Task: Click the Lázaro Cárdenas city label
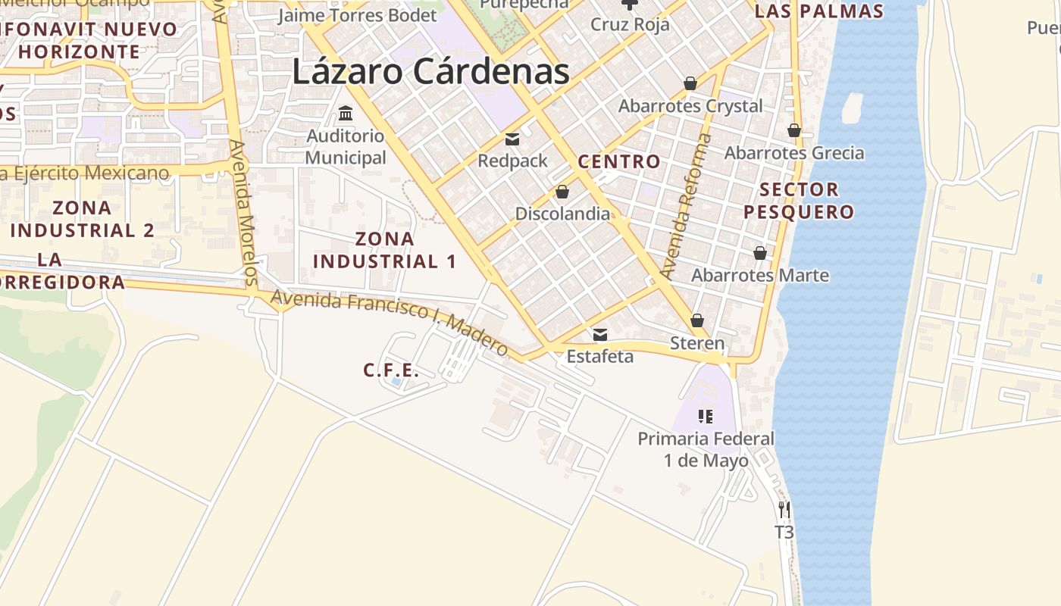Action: (x=430, y=73)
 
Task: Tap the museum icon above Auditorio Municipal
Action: (x=346, y=114)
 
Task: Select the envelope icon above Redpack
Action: (x=512, y=139)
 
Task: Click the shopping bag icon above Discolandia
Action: (x=562, y=191)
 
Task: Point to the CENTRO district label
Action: (x=618, y=161)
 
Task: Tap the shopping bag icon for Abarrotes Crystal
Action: (x=690, y=83)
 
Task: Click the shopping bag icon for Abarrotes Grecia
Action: (x=793, y=130)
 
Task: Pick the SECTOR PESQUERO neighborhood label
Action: (x=799, y=200)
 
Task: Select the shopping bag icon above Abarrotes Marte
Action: (x=759, y=253)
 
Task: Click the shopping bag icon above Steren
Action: (x=697, y=321)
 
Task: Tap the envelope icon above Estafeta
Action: (x=600, y=334)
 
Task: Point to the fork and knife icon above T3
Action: (x=784, y=510)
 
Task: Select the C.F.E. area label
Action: (x=390, y=370)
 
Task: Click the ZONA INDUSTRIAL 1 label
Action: (x=385, y=250)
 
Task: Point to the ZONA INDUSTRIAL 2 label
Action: (x=83, y=219)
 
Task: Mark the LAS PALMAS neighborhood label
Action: (x=819, y=11)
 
